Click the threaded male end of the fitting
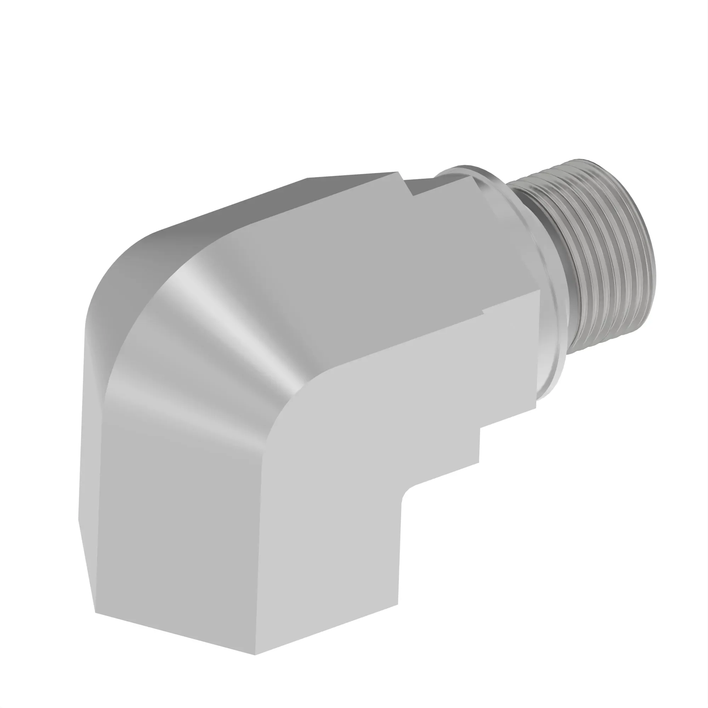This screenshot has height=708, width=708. [601, 253]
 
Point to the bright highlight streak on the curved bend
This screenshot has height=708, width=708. [212, 312]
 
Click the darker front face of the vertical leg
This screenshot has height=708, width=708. [176, 531]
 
